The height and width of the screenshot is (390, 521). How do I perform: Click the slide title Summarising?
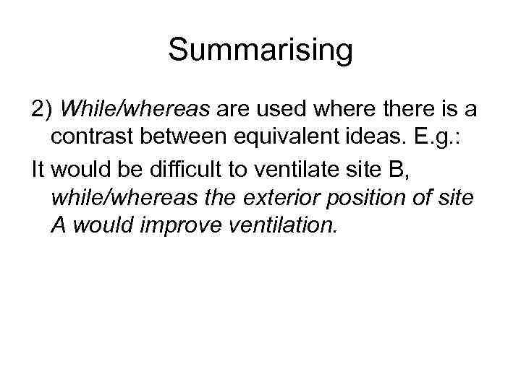tap(260, 51)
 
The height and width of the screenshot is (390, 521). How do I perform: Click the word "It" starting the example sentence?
tap(38, 167)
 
